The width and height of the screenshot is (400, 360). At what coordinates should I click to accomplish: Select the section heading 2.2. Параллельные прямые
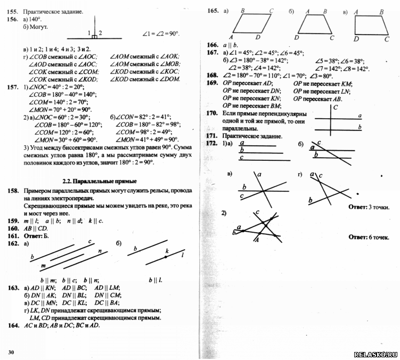click(101, 181)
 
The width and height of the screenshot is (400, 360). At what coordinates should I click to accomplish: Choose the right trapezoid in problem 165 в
click(371, 24)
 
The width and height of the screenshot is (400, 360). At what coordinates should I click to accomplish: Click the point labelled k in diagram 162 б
click(166, 257)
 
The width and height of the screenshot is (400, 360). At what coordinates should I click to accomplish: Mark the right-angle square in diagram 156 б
click(94, 37)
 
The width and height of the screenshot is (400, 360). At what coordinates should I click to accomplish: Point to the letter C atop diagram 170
click(335, 107)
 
